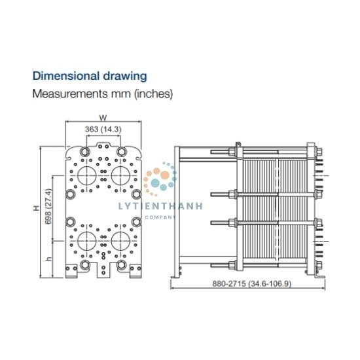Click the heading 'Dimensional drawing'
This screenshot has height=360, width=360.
(x=90, y=77)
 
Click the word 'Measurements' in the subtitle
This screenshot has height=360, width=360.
(x=70, y=94)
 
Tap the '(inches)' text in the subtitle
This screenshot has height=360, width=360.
(x=153, y=94)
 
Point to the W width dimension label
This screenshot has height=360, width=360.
(x=103, y=118)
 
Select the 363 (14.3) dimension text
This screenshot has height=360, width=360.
(x=103, y=129)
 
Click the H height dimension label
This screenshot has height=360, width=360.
(x=36, y=208)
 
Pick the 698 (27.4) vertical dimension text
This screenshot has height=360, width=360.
(x=48, y=206)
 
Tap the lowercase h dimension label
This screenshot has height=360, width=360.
(x=48, y=259)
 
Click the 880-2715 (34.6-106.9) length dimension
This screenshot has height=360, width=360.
(x=252, y=284)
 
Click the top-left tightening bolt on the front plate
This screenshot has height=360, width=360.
(x=84, y=152)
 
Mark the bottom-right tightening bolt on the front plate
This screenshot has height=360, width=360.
(x=121, y=264)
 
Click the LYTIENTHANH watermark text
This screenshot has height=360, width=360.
(x=160, y=206)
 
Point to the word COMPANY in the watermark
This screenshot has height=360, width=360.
(x=160, y=217)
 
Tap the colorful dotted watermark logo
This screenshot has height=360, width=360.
(x=160, y=179)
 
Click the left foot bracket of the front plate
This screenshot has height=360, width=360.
(x=71, y=272)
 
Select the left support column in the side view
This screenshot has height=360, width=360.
(x=176, y=211)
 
